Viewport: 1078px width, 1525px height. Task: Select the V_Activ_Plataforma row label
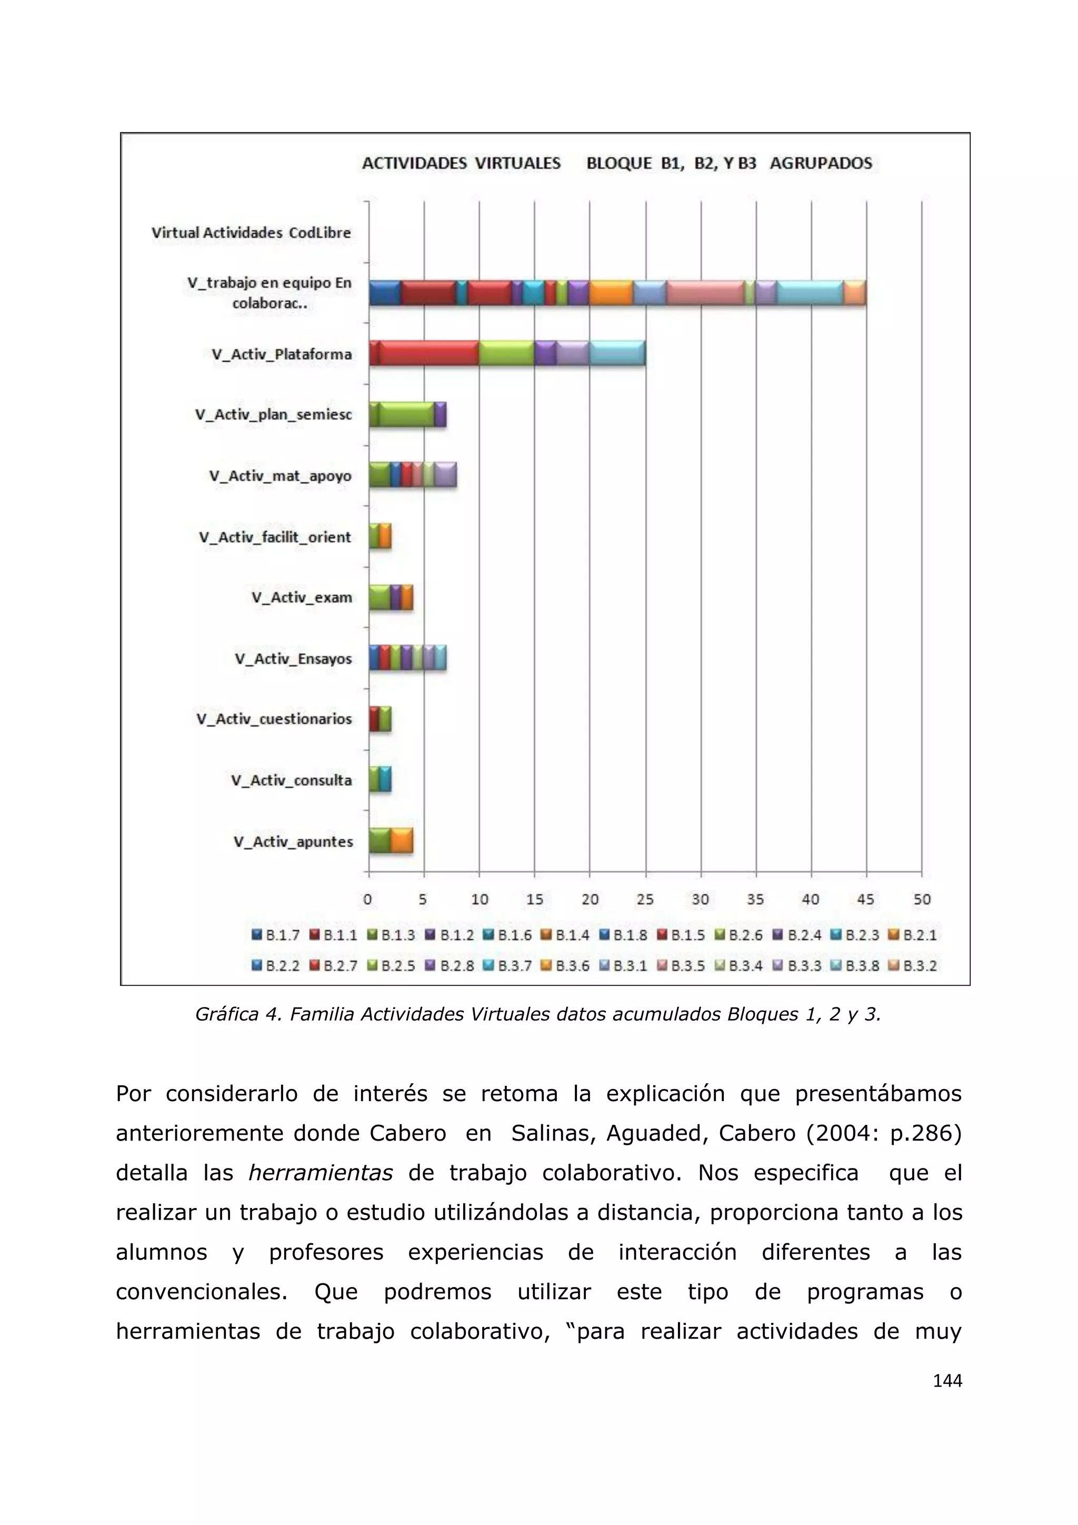(282, 354)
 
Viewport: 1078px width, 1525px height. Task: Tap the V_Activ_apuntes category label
(293, 841)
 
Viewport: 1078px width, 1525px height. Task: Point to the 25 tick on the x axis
(645, 899)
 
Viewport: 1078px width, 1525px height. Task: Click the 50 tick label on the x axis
(921, 899)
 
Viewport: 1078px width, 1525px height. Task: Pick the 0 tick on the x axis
(368, 899)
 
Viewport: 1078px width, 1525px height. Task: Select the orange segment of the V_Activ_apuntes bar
(402, 841)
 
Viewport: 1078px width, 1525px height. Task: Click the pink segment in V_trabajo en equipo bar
(705, 293)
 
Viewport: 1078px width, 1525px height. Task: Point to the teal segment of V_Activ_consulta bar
(386, 779)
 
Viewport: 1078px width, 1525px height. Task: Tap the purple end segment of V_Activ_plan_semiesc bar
(441, 414)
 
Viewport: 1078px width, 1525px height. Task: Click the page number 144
(947, 1381)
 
